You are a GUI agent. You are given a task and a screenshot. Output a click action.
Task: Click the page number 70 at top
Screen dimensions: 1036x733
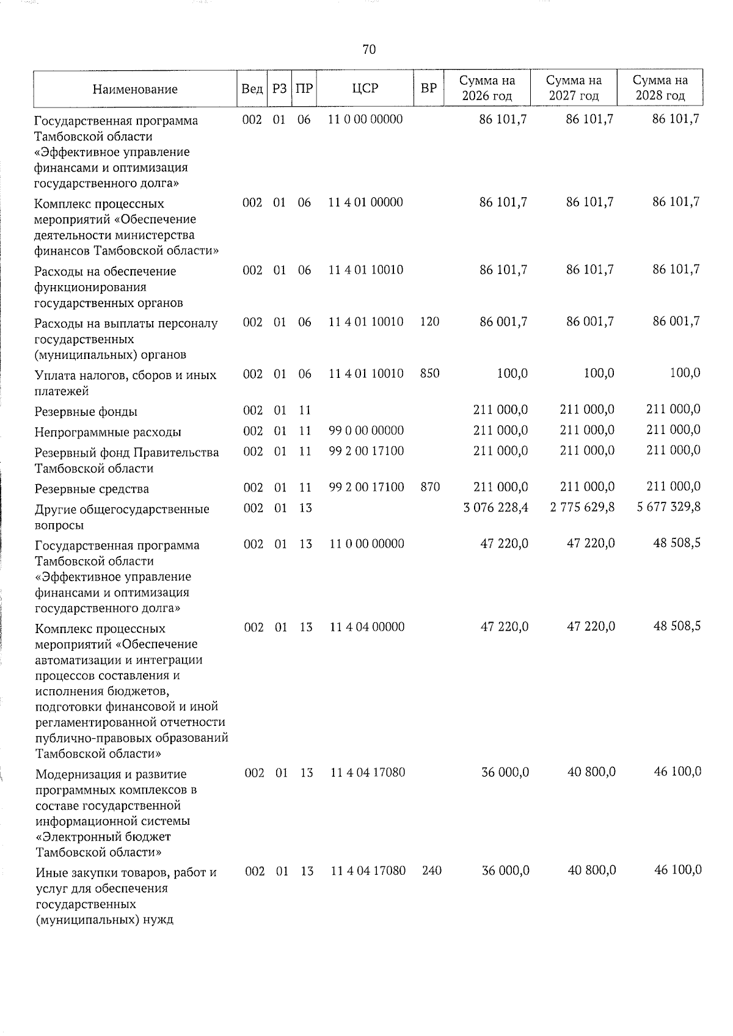click(369, 49)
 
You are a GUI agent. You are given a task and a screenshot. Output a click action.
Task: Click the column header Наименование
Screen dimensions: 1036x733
click(135, 89)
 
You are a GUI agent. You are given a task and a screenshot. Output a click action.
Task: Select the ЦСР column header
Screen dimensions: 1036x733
click(365, 89)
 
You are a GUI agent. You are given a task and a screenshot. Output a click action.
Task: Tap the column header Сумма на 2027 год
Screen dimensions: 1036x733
click(574, 89)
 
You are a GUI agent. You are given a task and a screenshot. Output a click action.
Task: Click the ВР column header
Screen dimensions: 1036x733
click(429, 89)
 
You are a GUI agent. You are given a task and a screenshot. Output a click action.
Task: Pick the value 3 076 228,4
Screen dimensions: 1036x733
click(496, 508)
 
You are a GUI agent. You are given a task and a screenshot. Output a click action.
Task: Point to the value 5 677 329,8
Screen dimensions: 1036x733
click(668, 508)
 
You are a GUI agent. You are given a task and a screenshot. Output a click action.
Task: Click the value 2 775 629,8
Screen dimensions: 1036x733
click(582, 508)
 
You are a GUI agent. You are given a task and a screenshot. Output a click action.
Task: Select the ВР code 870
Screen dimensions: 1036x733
click(430, 487)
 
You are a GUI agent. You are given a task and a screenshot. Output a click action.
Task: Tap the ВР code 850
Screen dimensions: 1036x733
click(430, 373)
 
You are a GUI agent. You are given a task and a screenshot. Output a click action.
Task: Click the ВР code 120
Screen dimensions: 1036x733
click(430, 321)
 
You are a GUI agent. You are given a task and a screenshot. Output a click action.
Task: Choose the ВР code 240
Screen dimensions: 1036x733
click(432, 871)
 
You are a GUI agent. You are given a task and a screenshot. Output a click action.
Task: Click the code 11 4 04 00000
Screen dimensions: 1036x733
click(366, 627)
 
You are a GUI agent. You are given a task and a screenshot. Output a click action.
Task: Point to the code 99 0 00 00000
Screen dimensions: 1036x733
click(366, 431)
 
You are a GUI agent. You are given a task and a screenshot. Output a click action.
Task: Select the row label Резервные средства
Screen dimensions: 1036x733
click(92, 489)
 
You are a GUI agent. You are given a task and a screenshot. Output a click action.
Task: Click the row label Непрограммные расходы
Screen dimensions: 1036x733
click(108, 433)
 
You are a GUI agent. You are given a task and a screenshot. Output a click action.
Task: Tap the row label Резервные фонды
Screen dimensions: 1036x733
click(86, 412)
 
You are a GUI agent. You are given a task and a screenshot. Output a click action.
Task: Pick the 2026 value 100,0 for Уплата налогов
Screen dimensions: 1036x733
click(512, 373)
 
